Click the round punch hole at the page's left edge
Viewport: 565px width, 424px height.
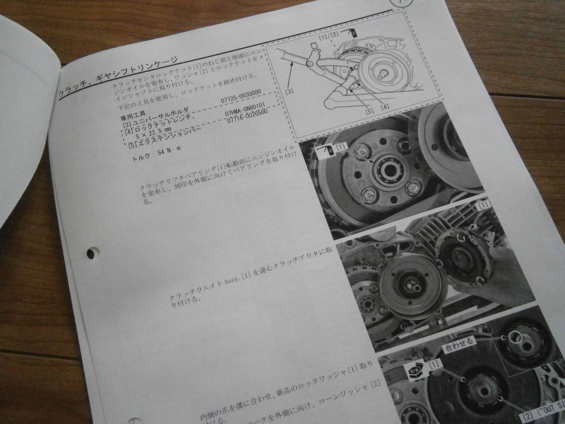[x=91, y=253]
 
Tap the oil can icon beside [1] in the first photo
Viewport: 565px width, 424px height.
[x=326, y=150]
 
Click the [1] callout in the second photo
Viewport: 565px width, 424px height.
[x=484, y=205]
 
